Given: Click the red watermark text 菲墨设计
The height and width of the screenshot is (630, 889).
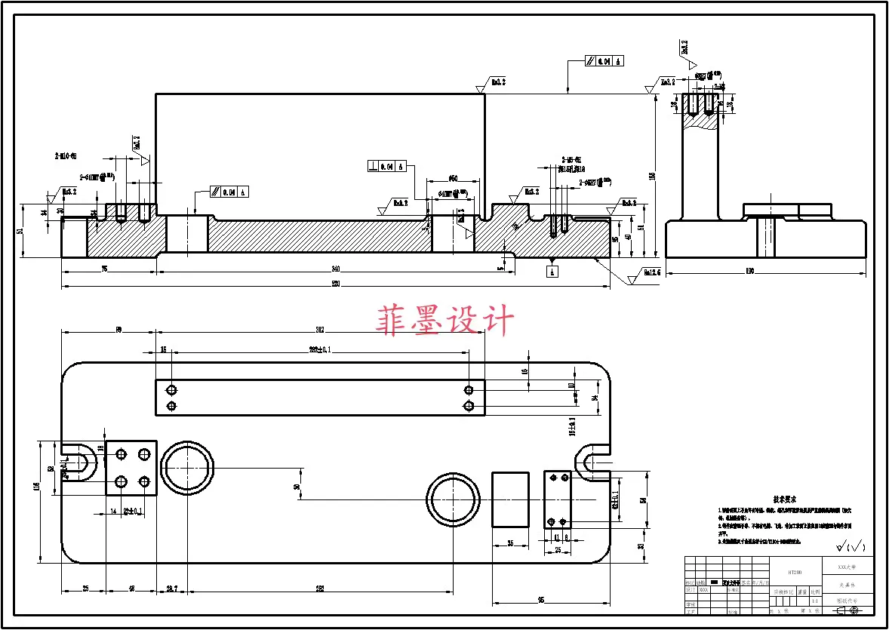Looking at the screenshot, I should pyautogui.click(x=445, y=321).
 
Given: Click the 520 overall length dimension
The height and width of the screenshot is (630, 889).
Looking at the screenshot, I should pyautogui.click(x=336, y=284).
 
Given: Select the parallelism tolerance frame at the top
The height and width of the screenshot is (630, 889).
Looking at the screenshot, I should pyautogui.click(x=604, y=61).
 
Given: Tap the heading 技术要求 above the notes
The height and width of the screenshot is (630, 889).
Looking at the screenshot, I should pyautogui.click(x=784, y=499).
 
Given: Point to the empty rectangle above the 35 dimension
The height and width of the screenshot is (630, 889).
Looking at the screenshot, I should pyautogui.click(x=511, y=499).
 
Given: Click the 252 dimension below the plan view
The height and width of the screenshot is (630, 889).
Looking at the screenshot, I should pyautogui.click(x=320, y=589).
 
